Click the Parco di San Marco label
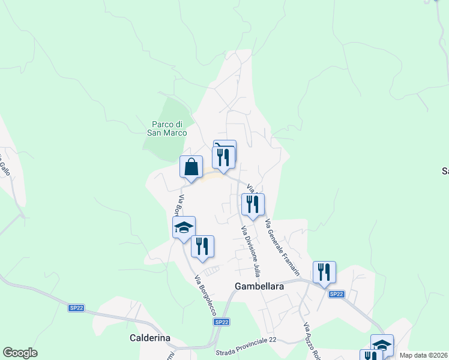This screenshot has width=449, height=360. coord(167,128)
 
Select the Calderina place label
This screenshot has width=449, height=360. coord(150,338)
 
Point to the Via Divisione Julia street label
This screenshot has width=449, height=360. coord(251,251)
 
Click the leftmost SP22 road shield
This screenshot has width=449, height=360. coord(76,308)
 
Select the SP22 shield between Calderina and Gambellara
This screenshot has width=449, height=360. coord(221,322)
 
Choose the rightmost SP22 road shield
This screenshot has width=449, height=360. coord(337,294)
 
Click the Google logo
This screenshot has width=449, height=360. coord(20,353)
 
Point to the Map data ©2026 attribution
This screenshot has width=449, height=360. coord(424,355)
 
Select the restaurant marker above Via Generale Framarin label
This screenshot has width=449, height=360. coord(253,205)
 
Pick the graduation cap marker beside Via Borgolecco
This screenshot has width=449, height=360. coord(184,227)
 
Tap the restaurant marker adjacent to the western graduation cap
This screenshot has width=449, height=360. coord(202,246)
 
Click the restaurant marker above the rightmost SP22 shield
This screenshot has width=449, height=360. coord(324,272)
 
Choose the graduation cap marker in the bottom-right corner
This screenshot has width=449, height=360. coord(382,344)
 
